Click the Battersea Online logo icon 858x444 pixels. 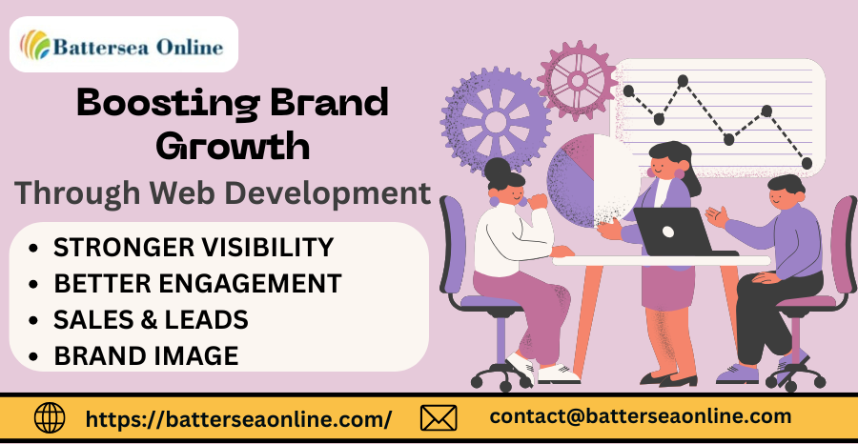[35, 45]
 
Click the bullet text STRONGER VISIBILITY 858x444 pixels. [194, 247]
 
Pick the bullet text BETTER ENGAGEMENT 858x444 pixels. [197, 283]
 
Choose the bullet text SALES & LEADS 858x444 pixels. [151, 319]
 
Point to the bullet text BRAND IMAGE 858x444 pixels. [146, 356]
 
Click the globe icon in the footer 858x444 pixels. [50, 418]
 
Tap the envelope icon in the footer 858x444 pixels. [439, 418]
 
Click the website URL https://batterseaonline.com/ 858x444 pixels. [238, 419]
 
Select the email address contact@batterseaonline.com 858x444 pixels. [641, 416]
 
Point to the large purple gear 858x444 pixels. [495, 121]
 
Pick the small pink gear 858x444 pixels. [578, 81]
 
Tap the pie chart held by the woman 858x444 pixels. [594, 180]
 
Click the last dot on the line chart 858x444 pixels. [807, 163]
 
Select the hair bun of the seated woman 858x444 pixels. [497, 170]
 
